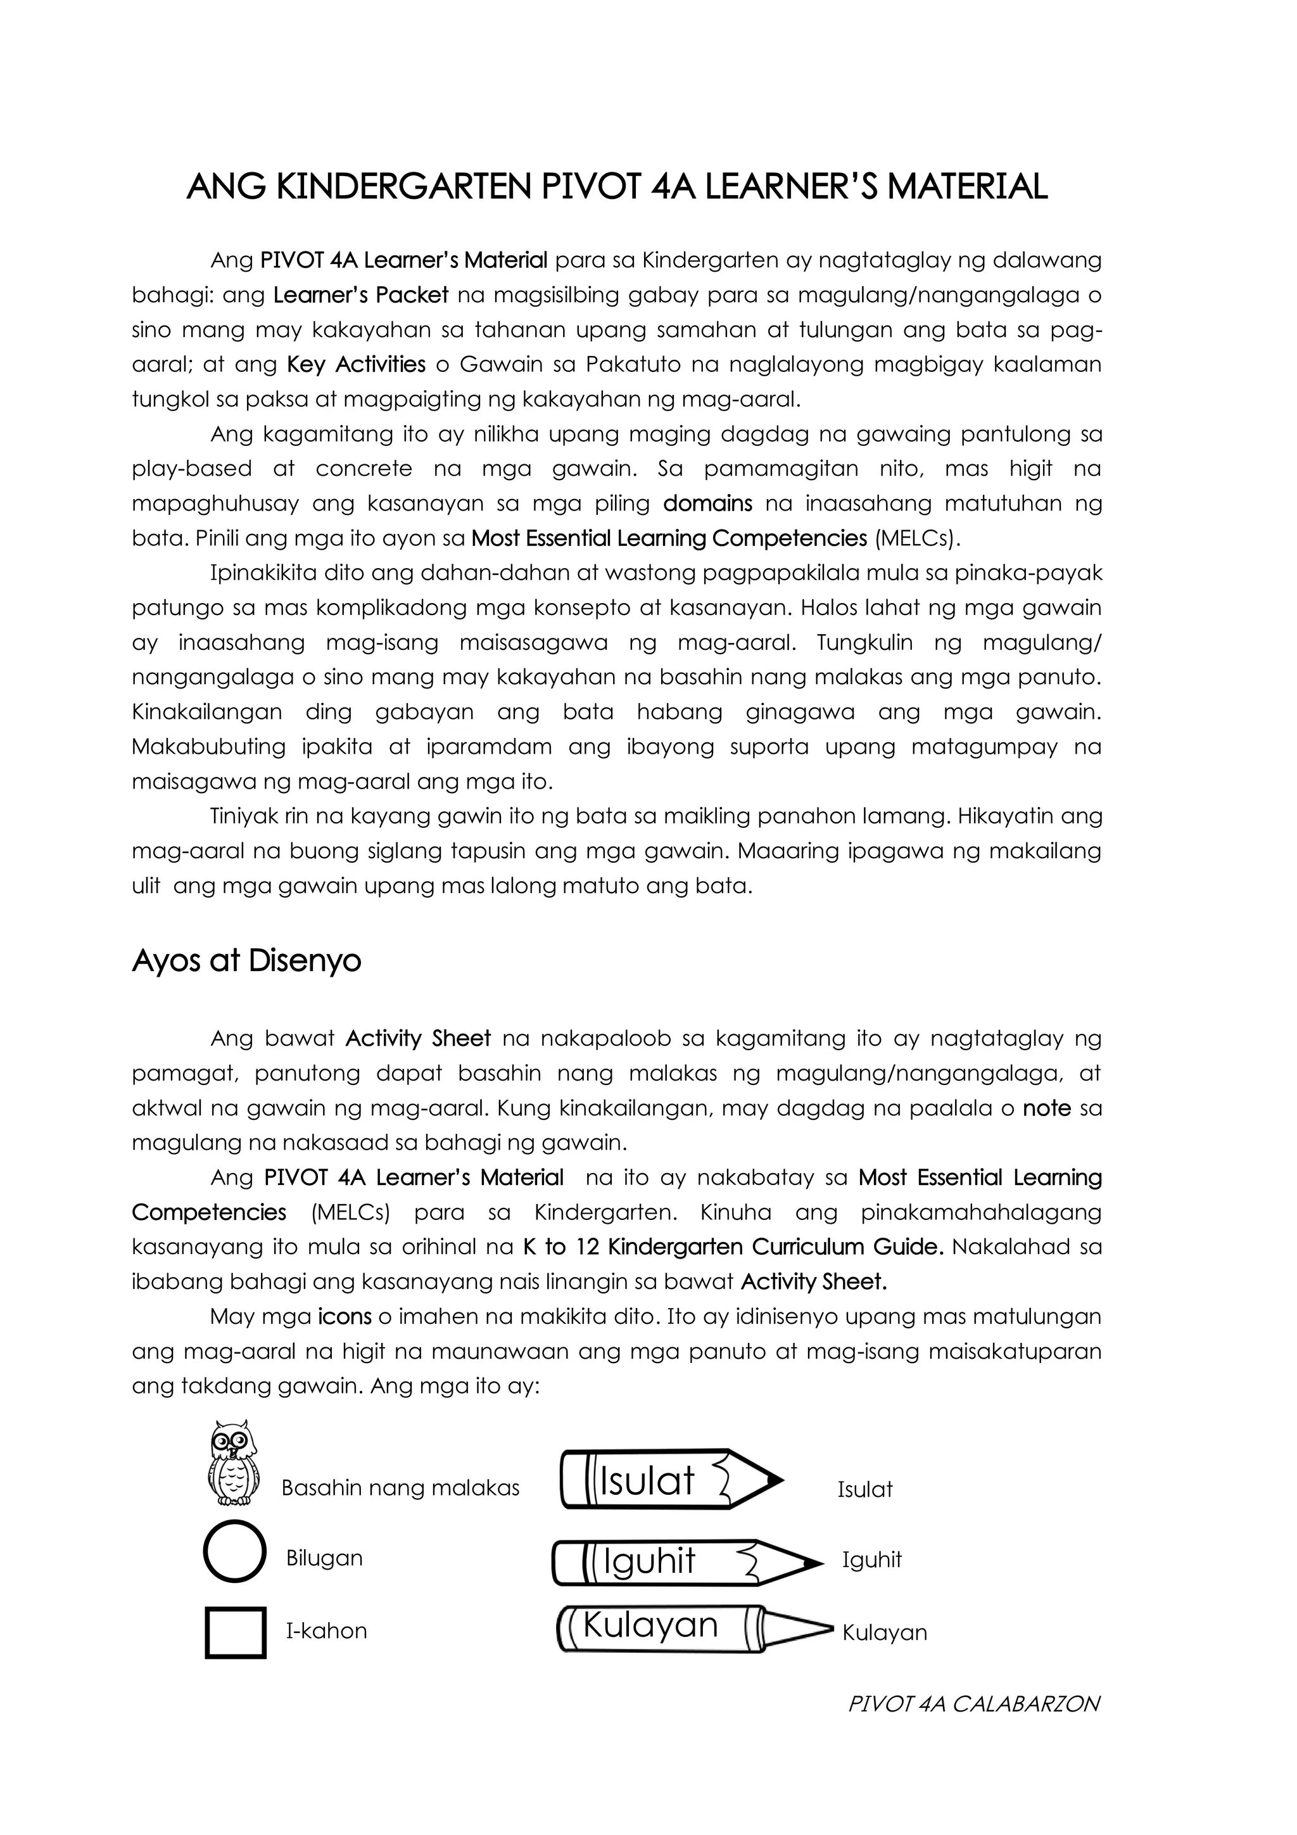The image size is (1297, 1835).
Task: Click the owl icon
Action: click(x=232, y=1463)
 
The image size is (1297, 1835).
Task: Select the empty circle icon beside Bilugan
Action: click(x=234, y=1551)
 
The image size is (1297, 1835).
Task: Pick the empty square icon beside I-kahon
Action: click(x=235, y=1633)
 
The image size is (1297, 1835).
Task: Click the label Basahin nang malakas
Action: click(x=400, y=1488)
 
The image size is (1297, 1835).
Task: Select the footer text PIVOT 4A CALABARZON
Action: click(x=973, y=1705)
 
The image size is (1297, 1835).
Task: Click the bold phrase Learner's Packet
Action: click(x=360, y=295)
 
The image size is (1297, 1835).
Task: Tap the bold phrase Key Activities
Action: click(x=356, y=364)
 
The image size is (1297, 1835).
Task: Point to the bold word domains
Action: click(x=707, y=504)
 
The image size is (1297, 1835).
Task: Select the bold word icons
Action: click(x=345, y=1316)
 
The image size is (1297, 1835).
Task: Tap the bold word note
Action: click(x=1046, y=1108)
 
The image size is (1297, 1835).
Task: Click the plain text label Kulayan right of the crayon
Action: click(x=885, y=1633)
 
